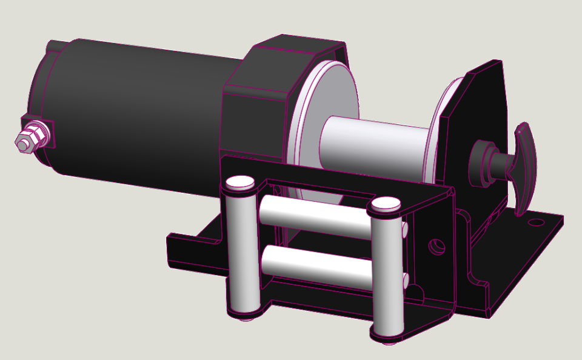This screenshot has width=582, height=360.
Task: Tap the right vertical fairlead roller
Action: tap(386, 273)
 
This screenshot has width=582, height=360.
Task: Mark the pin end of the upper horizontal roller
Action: tap(404, 229)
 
